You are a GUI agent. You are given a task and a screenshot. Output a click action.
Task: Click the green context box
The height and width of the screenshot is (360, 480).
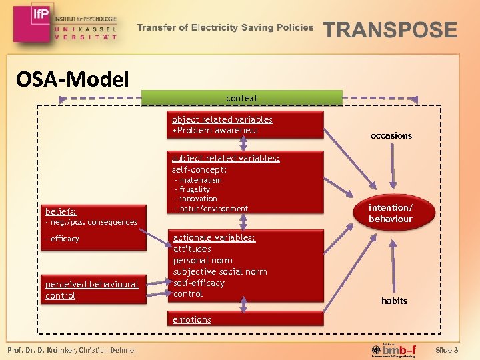[x=241, y=98]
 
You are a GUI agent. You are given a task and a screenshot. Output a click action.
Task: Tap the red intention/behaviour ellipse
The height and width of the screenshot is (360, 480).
[x=391, y=213]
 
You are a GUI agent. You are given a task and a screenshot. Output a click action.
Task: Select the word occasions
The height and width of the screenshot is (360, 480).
[x=391, y=135]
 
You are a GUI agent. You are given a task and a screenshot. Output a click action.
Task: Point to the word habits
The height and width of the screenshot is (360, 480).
[x=394, y=301]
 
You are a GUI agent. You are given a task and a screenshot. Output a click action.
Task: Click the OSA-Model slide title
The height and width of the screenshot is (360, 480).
[x=72, y=79]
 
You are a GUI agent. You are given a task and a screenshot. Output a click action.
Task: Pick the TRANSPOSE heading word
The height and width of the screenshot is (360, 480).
[x=390, y=30]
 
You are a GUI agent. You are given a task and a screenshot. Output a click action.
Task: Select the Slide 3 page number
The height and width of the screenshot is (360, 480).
[x=446, y=350]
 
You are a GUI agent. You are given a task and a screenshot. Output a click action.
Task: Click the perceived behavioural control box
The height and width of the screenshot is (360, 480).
[x=92, y=290]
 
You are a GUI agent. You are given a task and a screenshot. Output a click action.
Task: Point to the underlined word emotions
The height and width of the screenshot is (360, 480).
[x=192, y=319]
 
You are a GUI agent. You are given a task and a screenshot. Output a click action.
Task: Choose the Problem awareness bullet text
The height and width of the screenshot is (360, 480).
[x=215, y=130]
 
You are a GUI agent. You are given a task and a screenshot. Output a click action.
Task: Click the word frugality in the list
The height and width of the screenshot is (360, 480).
[x=195, y=189]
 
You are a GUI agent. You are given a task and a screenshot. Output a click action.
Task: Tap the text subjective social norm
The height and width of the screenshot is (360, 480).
[x=220, y=271]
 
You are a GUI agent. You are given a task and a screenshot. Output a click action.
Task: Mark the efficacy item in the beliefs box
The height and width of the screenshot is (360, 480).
[x=64, y=239]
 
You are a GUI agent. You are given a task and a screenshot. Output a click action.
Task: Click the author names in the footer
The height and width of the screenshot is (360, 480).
[x=71, y=351]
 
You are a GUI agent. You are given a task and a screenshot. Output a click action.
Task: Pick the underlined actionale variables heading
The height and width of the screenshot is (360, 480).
[x=214, y=237]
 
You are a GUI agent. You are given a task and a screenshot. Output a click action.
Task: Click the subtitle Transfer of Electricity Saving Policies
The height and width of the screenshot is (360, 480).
[x=225, y=28]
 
